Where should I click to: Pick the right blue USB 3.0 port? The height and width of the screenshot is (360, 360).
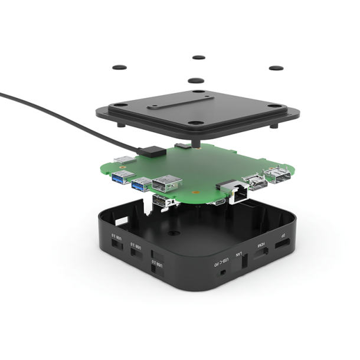click(142, 185)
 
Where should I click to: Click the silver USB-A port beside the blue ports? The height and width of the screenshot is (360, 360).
click(166, 185)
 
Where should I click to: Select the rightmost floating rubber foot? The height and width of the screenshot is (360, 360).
click(276, 68)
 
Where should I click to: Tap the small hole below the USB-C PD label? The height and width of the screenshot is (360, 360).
click(221, 273)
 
